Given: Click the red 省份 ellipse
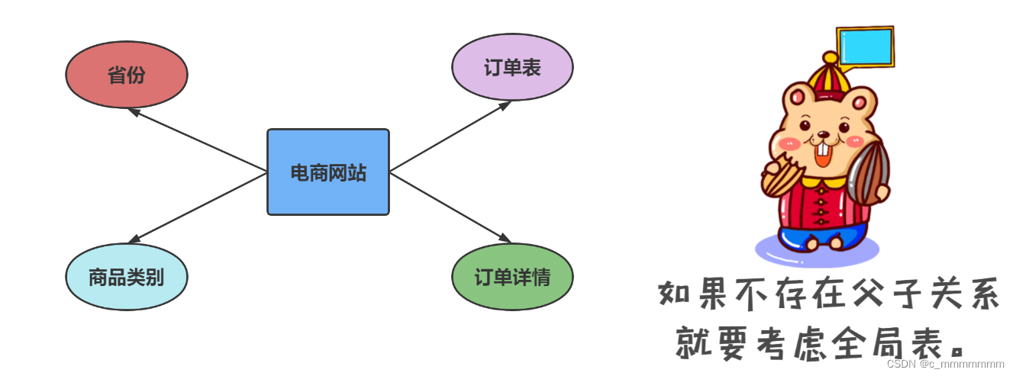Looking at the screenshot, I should point(126,75).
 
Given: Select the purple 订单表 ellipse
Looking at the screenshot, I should point(512,67).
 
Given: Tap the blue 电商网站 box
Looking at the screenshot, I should point(328,172).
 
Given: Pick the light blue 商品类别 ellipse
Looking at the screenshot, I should point(126,276).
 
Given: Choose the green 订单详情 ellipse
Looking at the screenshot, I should point(512,276).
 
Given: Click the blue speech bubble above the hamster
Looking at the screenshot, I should point(865,47).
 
